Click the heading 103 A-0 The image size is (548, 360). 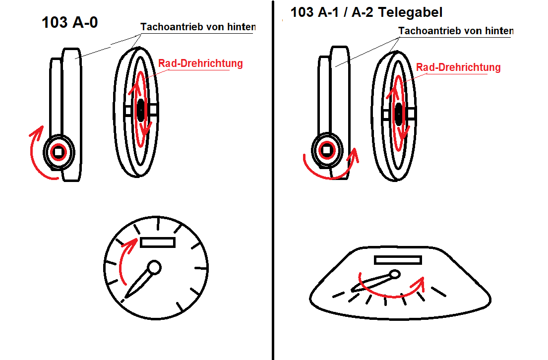click(69, 22)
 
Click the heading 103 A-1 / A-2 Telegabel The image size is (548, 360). click(366, 12)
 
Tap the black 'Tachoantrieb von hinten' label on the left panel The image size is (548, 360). click(198, 27)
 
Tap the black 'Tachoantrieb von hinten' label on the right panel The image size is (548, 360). click(456, 31)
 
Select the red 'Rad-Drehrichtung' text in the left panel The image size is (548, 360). click(200, 63)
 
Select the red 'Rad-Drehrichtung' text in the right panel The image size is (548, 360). click(458, 67)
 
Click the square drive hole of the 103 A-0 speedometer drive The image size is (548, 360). click(59, 152)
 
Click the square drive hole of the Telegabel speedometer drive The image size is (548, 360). click(326, 150)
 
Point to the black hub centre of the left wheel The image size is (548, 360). click(140, 110)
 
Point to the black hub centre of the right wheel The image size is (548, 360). click(398, 114)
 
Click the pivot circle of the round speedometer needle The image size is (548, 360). click(154, 268)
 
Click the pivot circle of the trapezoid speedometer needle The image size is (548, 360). click(395, 274)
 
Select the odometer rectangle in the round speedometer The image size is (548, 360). click(157, 242)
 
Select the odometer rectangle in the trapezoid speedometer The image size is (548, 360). click(398, 260)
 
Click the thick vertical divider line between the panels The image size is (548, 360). click(273, 180)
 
